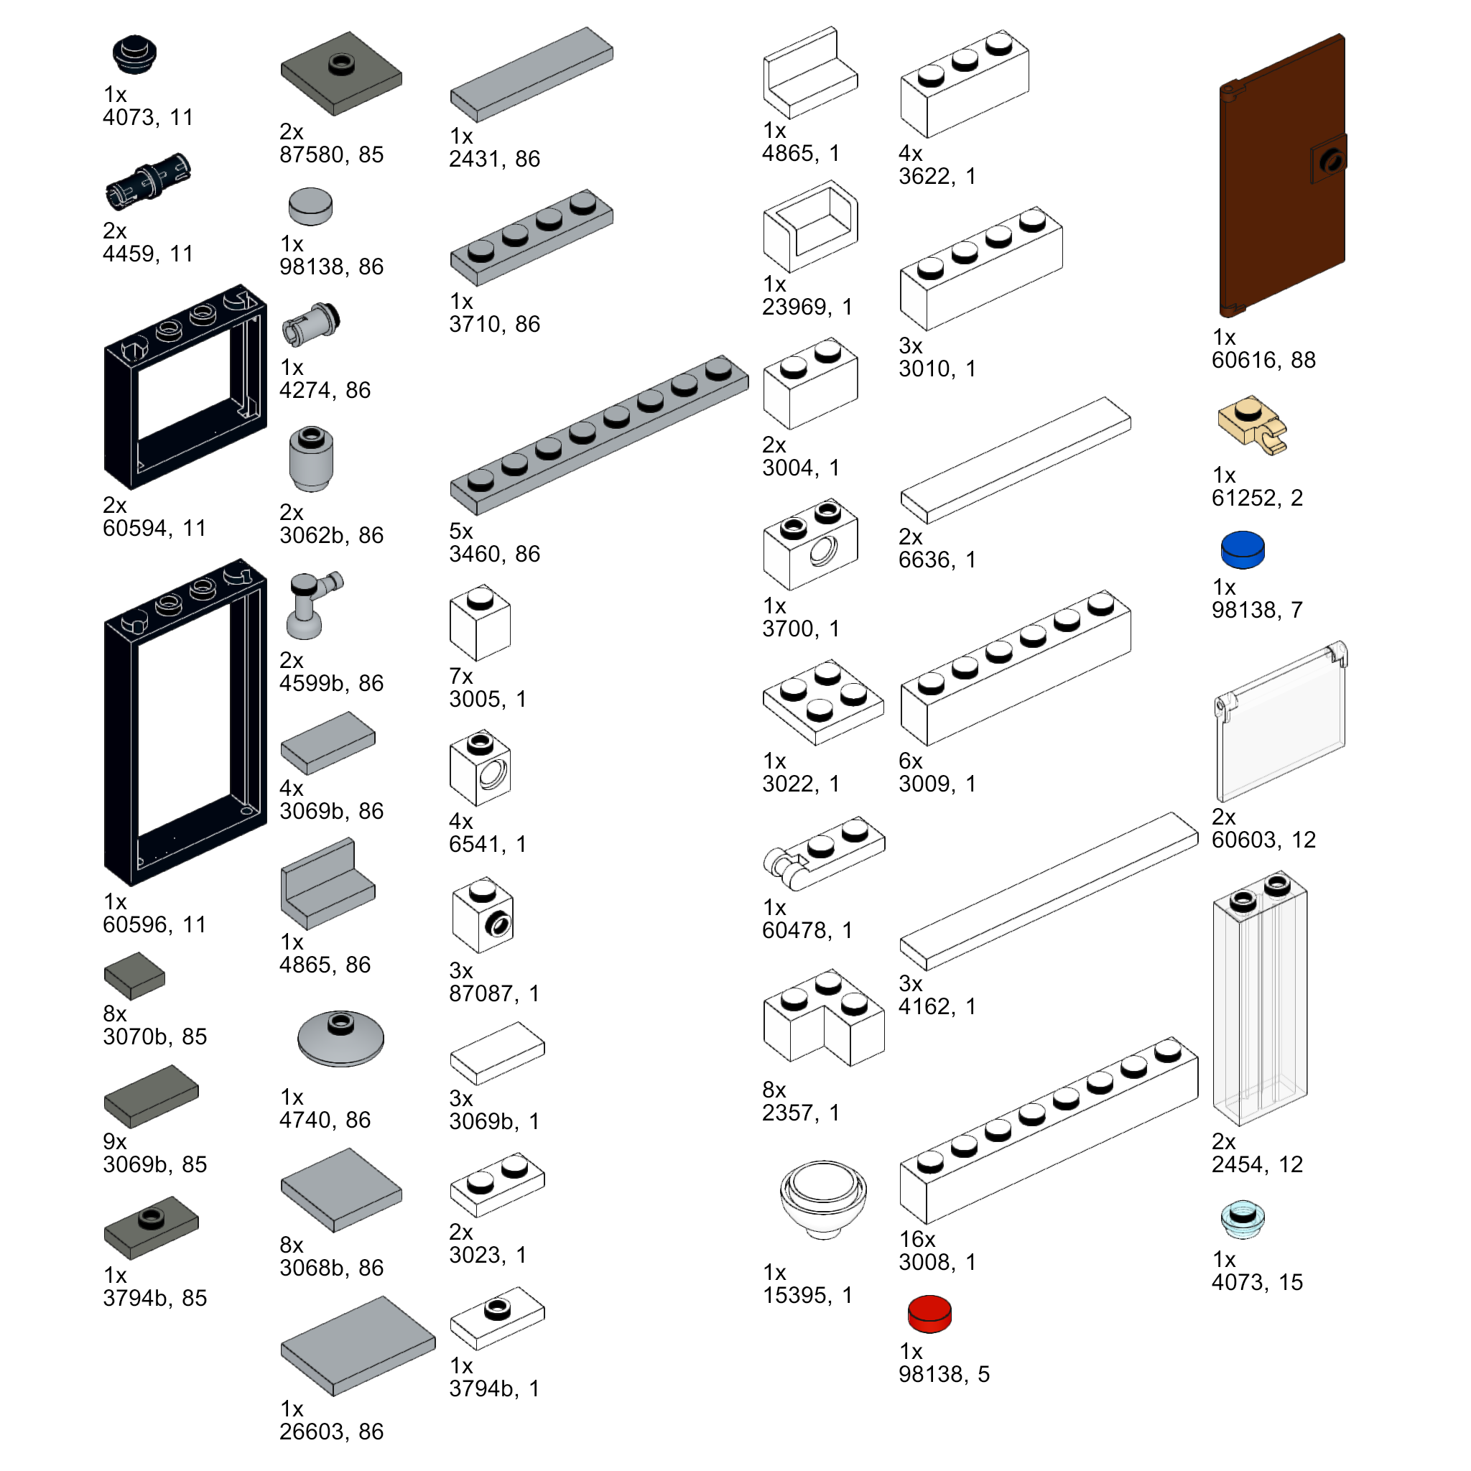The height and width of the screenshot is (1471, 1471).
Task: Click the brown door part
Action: pyautogui.click(x=1279, y=175)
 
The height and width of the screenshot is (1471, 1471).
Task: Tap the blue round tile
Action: pyautogui.click(x=1242, y=549)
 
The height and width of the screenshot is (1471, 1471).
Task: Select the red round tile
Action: pyautogui.click(x=929, y=1314)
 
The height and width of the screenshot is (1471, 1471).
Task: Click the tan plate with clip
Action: pyautogui.click(x=1250, y=425)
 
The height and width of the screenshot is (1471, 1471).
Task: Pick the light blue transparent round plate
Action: pyautogui.click(x=1242, y=1219)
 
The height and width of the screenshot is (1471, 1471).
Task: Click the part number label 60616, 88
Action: pyautogui.click(x=1263, y=360)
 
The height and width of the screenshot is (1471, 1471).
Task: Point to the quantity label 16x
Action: pyautogui.click(x=917, y=1240)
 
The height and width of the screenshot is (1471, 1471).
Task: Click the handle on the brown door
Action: pyautogui.click(x=1330, y=160)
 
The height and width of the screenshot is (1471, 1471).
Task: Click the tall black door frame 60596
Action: pyautogui.click(x=185, y=723)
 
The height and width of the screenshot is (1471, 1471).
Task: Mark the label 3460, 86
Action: pyautogui.click(x=494, y=554)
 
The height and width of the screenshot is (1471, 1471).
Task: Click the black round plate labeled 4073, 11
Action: pyautogui.click(x=134, y=54)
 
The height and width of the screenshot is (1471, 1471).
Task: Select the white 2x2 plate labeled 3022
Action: pyautogui.click(x=822, y=701)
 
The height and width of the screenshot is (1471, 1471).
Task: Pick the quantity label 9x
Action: pyautogui.click(x=115, y=1141)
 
